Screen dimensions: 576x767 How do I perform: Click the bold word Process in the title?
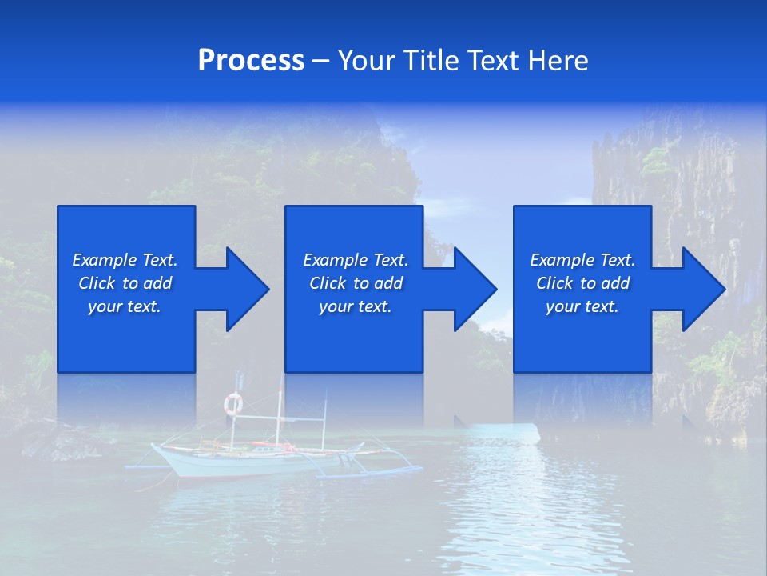[251, 61]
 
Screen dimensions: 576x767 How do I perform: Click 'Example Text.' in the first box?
[125, 260]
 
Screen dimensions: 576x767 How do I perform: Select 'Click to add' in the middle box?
[356, 283]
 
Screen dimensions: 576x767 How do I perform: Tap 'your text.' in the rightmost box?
[582, 306]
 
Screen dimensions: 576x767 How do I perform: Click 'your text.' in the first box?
[125, 306]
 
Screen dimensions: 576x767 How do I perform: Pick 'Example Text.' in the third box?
[582, 260]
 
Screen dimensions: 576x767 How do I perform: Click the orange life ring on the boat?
[232, 403]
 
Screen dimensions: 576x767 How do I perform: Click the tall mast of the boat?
[280, 416]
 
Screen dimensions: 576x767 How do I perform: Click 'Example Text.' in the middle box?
[356, 260]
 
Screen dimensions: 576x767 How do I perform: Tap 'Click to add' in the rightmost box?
[582, 283]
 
